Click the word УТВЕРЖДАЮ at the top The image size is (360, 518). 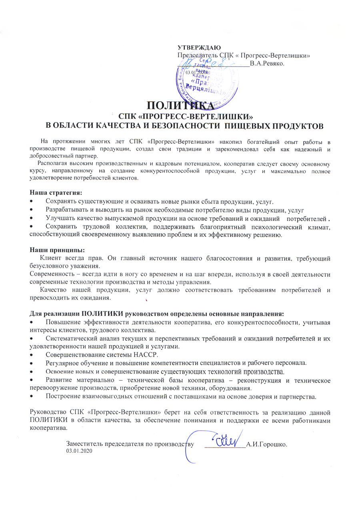tap(199, 48)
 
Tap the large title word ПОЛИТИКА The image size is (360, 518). tap(180, 106)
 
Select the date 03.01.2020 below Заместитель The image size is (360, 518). tap(79, 451)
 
